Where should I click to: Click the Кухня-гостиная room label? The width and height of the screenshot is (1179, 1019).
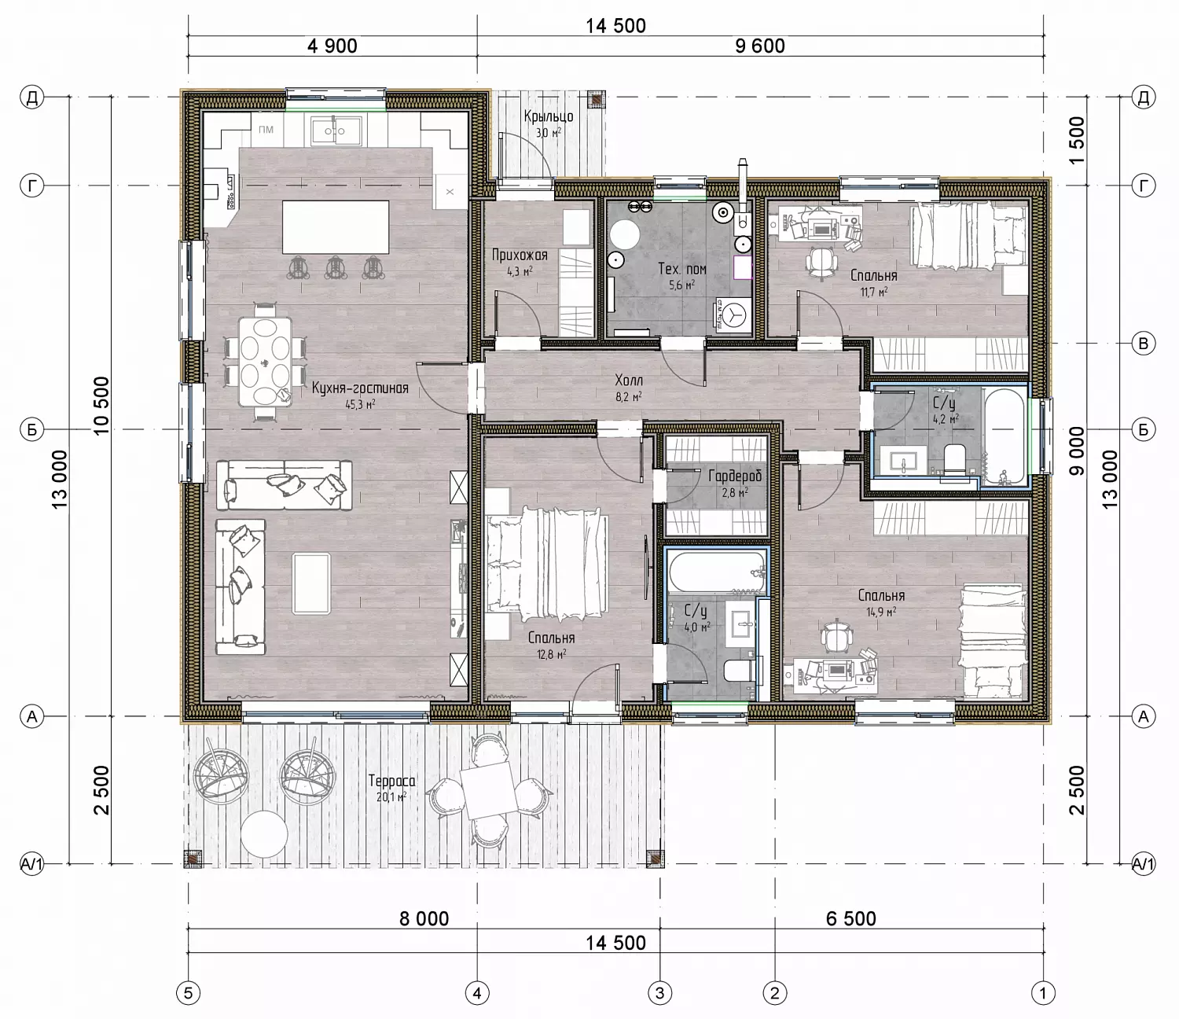[360, 388]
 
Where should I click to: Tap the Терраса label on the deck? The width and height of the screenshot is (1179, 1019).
[391, 781]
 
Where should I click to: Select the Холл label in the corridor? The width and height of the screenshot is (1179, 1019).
[629, 380]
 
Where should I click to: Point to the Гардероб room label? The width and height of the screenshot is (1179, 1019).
[735, 476]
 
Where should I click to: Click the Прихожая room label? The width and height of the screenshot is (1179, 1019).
[520, 255]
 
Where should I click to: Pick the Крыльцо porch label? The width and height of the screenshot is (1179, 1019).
[549, 117]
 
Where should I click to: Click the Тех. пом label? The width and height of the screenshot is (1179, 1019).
[682, 269]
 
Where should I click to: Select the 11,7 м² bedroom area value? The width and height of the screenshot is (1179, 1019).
[873, 292]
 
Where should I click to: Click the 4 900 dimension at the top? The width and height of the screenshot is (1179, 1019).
[332, 46]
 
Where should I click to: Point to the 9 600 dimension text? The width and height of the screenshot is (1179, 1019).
[760, 46]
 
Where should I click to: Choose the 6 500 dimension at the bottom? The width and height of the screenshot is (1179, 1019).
[851, 918]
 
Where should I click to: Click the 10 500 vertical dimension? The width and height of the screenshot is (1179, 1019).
[101, 406]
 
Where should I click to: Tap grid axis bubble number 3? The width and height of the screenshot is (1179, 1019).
[660, 993]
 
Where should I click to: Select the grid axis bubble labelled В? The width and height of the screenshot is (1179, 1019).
[1143, 344]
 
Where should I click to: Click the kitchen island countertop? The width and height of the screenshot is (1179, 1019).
[336, 226]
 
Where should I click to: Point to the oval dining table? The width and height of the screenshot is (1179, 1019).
[265, 362]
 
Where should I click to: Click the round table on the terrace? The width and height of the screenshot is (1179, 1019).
[263, 834]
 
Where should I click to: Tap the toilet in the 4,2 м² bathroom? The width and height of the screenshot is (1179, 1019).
[954, 460]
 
